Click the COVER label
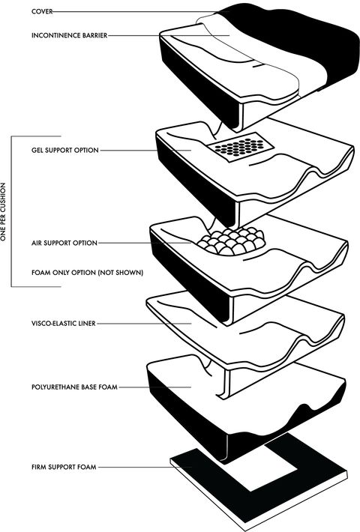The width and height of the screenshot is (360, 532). [x=42, y=11]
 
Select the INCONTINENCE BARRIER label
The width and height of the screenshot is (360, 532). [x=70, y=35]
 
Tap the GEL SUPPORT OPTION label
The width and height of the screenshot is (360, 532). [x=65, y=151]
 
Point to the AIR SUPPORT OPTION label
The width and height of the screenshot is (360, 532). [x=64, y=243]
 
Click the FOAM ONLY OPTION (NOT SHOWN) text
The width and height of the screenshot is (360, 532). [x=87, y=273]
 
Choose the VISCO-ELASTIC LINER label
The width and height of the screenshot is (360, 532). [x=64, y=324]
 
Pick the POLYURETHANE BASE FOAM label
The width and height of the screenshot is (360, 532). [x=74, y=387]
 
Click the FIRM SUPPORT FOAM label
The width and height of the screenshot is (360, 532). [x=64, y=467]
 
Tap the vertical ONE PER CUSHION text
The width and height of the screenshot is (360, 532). [x=4, y=212]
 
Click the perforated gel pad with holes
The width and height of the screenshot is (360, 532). [x=241, y=148]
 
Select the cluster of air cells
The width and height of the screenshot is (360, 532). [x=232, y=241]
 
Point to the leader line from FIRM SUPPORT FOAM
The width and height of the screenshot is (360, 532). [x=145, y=468]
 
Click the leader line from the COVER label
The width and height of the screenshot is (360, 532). [x=141, y=12]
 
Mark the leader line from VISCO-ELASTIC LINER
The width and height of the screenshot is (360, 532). [x=144, y=324]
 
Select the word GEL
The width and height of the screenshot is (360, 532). [x=37, y=151]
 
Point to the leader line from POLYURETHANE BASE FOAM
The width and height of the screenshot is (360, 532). [x=154, y=387]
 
